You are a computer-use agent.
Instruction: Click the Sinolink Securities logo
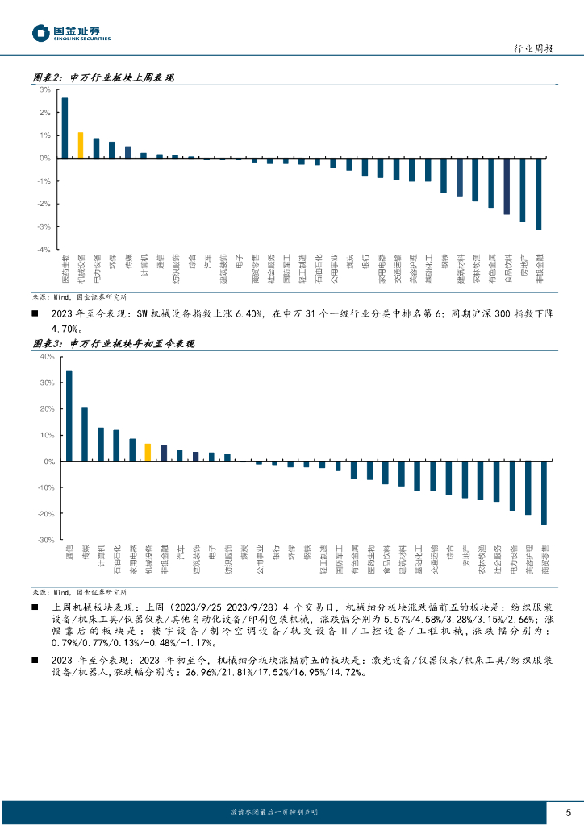pyautogui.click(x=72, y=33)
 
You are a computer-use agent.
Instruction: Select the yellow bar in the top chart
pyautogui.click(x=81, y=145)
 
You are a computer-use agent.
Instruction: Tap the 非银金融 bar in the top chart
pyautogui.click(x=538, y=194)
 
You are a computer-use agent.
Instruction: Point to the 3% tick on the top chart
pyautogui.click(x=45, y=89)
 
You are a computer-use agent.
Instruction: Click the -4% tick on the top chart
pyautogui.click(x=44, y=250)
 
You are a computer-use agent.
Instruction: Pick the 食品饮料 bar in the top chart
pyautogui.click(x=507, y=186)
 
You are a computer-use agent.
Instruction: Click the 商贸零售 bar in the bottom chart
pyautogui.click(x=544, y=493)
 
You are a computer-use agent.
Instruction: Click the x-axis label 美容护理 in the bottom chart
pyautogui.click(x=528, y=560)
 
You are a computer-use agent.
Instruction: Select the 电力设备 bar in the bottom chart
pyautogui.click(x=512, y=486)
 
